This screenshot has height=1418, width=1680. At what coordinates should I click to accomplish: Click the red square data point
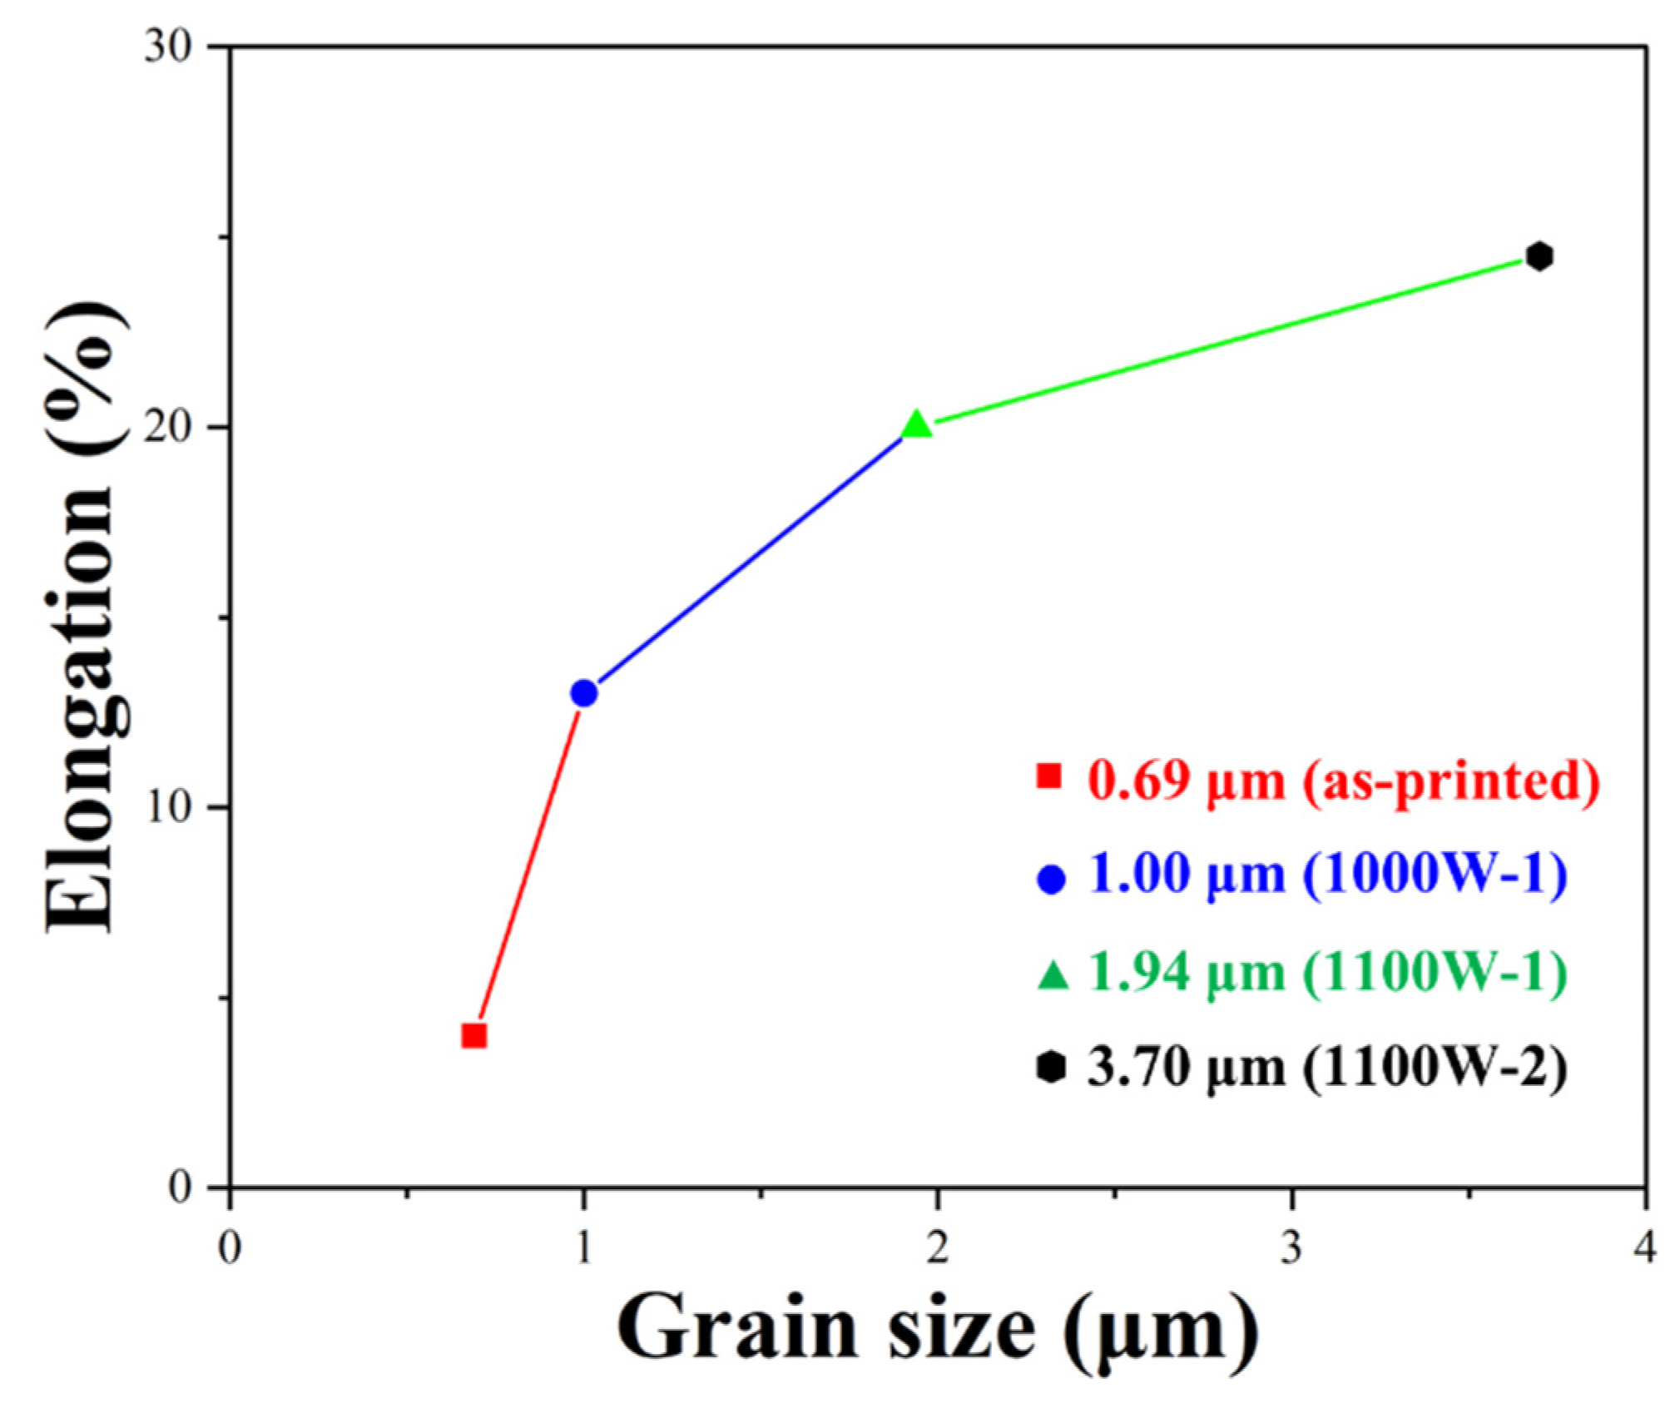[473, 1035]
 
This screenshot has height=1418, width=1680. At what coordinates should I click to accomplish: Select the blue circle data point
[584, 692]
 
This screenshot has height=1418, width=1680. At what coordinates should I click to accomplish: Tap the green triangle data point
[916, 425]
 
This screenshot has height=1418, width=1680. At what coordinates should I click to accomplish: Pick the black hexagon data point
[1539, 256]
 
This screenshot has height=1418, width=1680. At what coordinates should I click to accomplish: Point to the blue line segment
[749, 560]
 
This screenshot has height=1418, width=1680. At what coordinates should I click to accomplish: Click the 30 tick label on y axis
[169, 47]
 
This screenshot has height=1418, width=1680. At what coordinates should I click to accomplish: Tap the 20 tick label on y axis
[169, 428]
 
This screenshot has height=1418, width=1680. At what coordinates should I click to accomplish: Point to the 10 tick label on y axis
[169, 807]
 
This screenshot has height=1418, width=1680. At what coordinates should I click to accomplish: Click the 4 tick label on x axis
[1644, 1248]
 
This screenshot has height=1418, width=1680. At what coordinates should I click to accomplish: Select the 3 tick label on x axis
[1291, 1248]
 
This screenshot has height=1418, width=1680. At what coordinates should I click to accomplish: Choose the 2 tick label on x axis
[937, 1248]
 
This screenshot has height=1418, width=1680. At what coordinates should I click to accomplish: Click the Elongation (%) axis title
[83, 616]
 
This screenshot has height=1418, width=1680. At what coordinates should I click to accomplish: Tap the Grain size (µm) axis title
[936, 1333]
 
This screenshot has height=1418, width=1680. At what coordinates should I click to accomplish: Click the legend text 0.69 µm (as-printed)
[1343, 781]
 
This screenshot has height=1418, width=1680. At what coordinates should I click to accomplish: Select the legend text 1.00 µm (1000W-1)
[1327, 875]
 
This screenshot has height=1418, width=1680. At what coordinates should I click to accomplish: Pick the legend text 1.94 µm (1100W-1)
[1327, 971]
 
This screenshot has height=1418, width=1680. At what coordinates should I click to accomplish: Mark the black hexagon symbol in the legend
[1051, 1067]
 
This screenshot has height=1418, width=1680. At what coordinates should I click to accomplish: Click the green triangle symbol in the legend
[1052, 974]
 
